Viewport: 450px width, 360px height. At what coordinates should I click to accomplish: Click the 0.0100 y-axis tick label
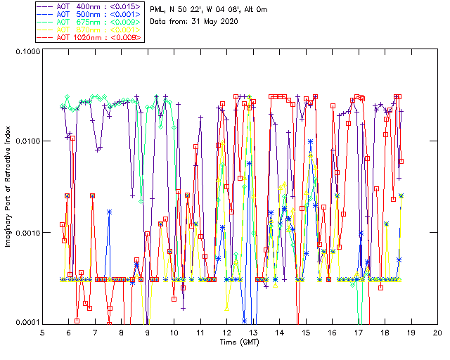point(26,142)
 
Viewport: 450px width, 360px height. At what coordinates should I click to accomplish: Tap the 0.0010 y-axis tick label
point(26,233)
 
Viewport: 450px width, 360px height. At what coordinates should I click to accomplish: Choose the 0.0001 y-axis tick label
point(26,322)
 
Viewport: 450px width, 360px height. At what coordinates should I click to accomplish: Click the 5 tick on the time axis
point(43,332)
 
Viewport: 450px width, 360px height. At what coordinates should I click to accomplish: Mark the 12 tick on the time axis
point(227,332)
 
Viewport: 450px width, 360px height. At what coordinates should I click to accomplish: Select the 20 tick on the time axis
point(437,332)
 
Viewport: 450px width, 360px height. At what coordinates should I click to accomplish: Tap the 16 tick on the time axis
point(332,332)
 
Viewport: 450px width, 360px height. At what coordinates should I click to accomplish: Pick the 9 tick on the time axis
point(148,332)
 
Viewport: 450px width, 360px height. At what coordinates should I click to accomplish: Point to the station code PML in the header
point(158,9)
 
